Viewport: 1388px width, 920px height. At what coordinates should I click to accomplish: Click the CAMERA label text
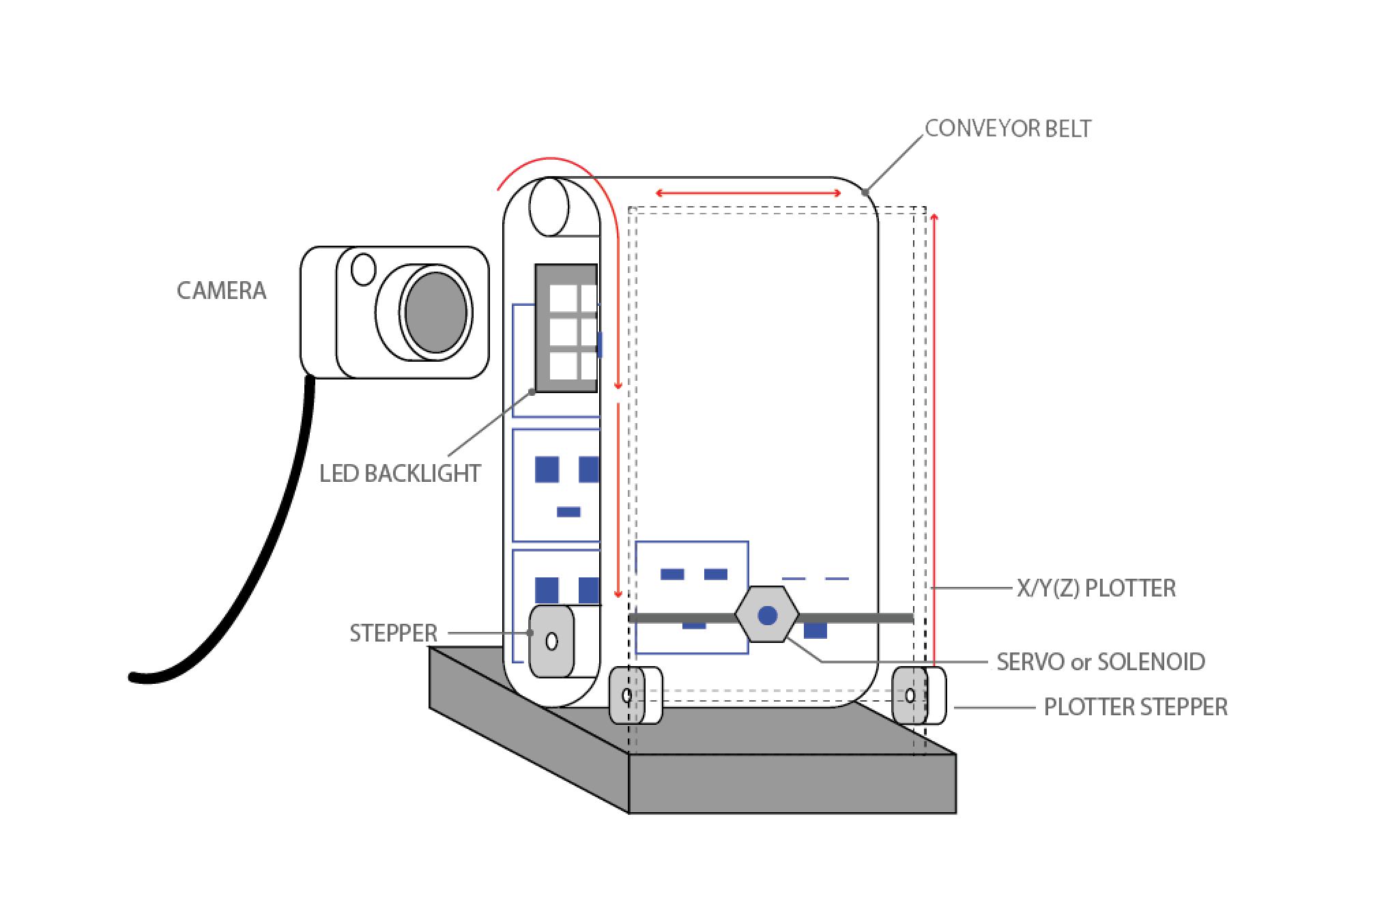point(221,291)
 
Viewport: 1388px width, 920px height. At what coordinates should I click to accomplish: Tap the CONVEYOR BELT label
point(1008,129)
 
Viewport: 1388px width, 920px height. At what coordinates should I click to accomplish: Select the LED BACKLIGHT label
point(400,474)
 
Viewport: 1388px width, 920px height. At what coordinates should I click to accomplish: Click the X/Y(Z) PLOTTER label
point(1096,588)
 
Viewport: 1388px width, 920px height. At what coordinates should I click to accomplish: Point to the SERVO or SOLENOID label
point(1100,661)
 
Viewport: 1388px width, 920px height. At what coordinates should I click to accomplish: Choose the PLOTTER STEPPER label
point(1136,707)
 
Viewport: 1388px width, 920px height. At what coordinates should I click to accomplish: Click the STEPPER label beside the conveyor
point(393,633)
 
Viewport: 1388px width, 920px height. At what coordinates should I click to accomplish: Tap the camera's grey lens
point(435,312)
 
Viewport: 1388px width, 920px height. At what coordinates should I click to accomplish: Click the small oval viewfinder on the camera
point(363,269)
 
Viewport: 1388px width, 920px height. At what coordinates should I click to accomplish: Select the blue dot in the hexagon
point(767,616)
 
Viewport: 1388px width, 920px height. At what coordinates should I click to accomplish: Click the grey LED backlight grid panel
point(566,328)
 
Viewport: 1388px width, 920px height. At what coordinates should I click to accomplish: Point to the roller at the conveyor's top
point(549,207)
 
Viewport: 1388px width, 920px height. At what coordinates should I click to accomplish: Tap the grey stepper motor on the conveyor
point(551,641)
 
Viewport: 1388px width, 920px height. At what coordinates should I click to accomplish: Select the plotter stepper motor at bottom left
point(627,695)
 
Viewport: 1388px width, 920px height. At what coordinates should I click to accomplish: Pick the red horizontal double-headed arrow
point(749,194)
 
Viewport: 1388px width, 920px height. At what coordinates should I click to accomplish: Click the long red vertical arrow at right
point(934,437)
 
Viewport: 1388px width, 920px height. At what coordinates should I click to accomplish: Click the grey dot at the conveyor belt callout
point(865,192)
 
